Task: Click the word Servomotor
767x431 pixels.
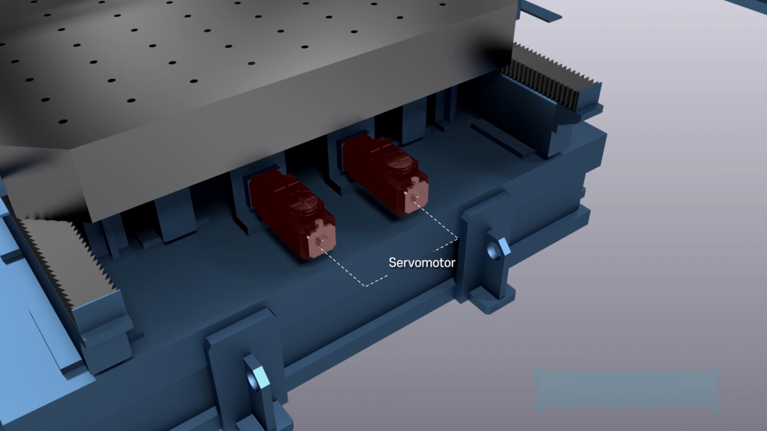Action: (422, 263)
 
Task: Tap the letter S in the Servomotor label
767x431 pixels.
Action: (392, 263)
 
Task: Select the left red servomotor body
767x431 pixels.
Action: (292, 214)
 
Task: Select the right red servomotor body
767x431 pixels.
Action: (385, 173)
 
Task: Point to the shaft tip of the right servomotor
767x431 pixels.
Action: (414, 198)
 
